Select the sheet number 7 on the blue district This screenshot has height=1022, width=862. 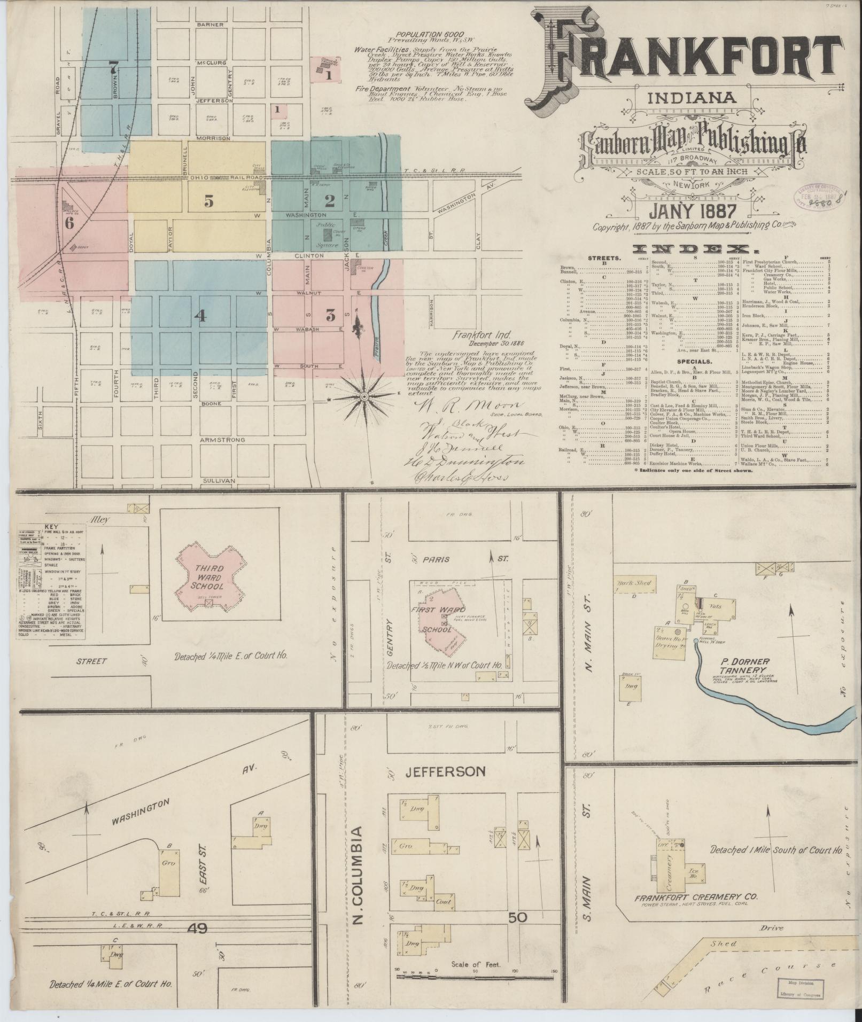point(113,67)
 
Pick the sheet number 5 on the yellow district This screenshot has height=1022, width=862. point(208,201)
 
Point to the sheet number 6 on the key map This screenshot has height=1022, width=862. point(69,223)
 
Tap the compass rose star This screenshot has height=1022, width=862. point(364,397)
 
